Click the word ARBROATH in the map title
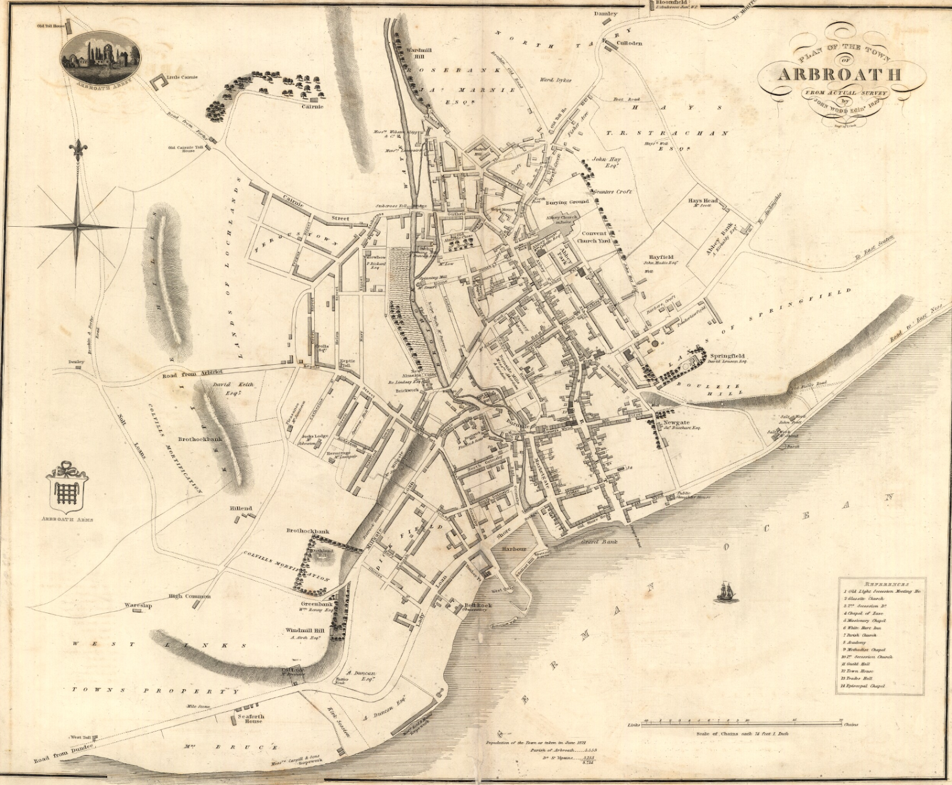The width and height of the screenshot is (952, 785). (839, 74)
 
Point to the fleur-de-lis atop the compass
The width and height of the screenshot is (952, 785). (77, 148)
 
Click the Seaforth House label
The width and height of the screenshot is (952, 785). (250, 718)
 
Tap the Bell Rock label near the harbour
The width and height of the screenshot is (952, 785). (478, 605)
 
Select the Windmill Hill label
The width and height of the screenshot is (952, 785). (305, 630)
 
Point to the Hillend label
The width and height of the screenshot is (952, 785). (241, 508)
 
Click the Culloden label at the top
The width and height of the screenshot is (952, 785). (629, 43)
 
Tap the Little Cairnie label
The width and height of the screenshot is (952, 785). (182, 77)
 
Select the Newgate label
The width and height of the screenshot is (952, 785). (677, 423)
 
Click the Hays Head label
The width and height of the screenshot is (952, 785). (703, 201)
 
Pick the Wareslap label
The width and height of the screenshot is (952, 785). (138, 605)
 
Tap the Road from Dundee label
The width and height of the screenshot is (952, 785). (64, 753)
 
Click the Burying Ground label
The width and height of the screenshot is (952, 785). (567, 202)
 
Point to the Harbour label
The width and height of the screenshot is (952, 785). (513, 549)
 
